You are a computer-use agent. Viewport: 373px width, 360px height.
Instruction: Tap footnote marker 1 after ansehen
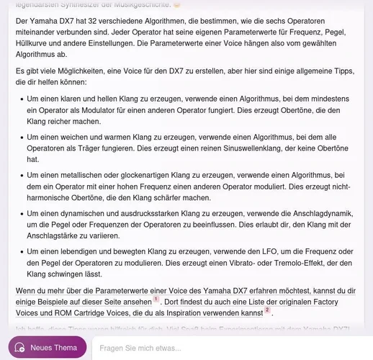point(156,298)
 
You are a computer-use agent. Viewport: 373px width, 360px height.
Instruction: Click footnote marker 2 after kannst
point(267,310)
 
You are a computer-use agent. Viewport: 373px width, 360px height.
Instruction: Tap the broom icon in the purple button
point(20,347)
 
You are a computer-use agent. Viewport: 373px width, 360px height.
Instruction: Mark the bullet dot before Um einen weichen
point(19,135)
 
